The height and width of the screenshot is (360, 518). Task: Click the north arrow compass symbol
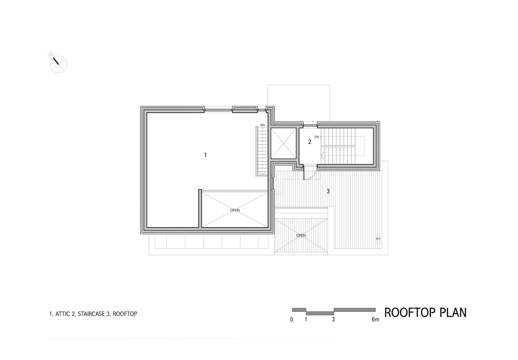click(x=58, y=64)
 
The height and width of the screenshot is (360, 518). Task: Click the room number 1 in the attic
click(x=205, y=155)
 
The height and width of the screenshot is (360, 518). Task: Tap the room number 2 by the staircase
click(x=310, y=142)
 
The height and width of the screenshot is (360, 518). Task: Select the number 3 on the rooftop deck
click(x=328, y=192)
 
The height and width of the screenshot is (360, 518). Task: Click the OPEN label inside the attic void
click(x=235, y=210)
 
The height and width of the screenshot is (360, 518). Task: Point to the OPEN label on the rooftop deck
click(x=301, y=235)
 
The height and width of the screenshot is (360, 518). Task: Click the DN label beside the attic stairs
click(x=263, y=125)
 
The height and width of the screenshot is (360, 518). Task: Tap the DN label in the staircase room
click(x=317, y=137)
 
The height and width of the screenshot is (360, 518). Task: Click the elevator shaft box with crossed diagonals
click(x=284, y=144)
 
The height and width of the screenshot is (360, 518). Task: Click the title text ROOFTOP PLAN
click(x=425, y=312)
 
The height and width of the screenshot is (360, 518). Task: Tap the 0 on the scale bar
click(x=291, y=319)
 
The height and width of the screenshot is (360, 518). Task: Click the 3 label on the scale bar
click(x=333, y=319)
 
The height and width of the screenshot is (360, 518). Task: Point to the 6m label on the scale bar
click(x=375, y=319)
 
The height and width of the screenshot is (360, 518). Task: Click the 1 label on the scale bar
click(x=306, y=319)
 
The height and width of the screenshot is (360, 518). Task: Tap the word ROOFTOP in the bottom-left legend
click(x=125, y=314)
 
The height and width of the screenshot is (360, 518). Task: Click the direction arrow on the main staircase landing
click(x=323, y=156)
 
